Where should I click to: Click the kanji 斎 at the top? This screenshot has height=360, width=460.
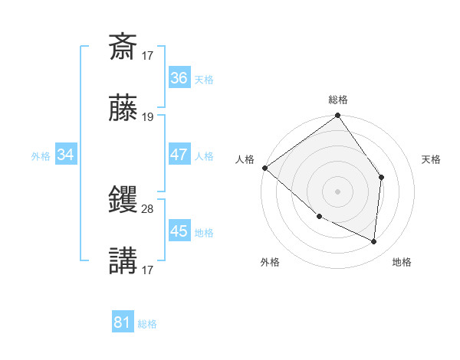click(x=123, y=46)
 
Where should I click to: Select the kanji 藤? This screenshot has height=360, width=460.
click(x=123, y=110)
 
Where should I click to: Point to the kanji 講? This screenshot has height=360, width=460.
click(x=123, y=260)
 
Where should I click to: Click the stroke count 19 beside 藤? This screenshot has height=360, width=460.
click(x=148, y=117)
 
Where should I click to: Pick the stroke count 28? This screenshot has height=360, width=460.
click(x=148, y=208)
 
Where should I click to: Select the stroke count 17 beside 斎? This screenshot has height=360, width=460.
click(x=148, y=54)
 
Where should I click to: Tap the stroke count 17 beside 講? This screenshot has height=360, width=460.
click(x=148, y=269)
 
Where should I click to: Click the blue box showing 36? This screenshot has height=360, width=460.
click(x=179, y=78)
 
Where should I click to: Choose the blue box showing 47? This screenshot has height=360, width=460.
click(x=179, y=155)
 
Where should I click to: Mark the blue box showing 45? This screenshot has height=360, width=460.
click(x=179, y=231)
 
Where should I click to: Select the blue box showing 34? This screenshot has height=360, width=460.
click(x=66, y=155)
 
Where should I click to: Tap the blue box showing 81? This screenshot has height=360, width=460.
click(x=123, y=322)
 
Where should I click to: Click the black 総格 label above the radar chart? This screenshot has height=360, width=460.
click(x=338, y=100)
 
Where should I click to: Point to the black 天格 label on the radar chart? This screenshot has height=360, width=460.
click(x=431, y=159)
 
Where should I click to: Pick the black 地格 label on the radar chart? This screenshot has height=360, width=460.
click(x=402, y=262)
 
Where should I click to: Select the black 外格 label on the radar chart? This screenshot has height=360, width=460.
click(x=270, y=262)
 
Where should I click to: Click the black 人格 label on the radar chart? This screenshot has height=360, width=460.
click(x=245, y=159)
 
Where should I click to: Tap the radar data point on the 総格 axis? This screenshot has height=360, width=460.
click(x=338, y=116)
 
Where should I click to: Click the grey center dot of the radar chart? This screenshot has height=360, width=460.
click(x=338, y=191)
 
